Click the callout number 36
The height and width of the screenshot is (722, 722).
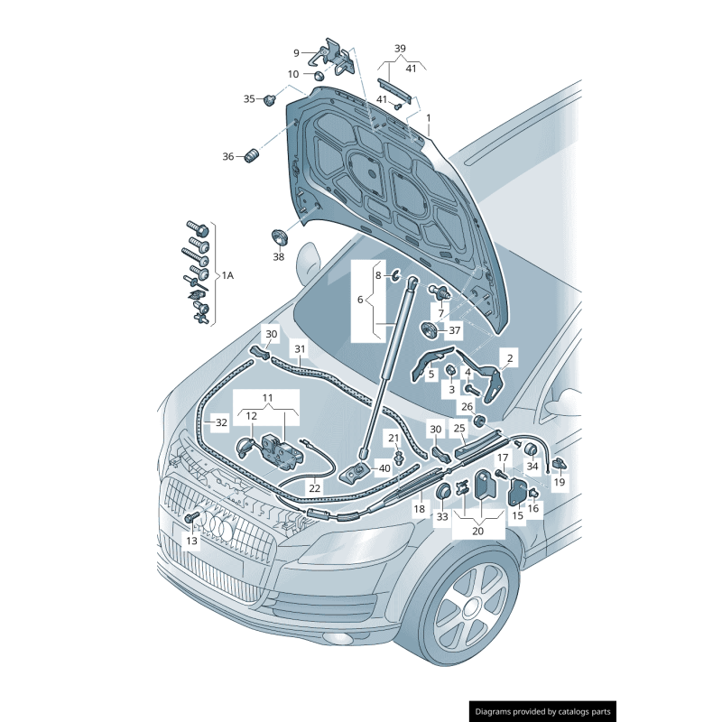(228, 156)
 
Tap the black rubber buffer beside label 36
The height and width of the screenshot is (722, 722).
(252, 158)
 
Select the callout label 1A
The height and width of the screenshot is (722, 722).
(228, 275)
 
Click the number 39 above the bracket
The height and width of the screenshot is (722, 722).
(400, 49)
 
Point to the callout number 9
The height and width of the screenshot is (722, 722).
(295, 52)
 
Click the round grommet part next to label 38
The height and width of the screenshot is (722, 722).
(279, 239)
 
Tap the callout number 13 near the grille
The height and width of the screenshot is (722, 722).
(191, 541)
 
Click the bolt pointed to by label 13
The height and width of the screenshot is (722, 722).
(191, 518)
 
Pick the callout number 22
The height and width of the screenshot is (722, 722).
(314, 488)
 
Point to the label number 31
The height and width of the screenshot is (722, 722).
(300, 348)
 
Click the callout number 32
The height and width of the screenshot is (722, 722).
(221, 421)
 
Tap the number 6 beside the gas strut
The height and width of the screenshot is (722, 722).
(360, 299)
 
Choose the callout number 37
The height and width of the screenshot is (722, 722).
(454, 330)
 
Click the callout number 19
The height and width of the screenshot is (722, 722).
(560, 483)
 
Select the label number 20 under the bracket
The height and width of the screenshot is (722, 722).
(477, 532)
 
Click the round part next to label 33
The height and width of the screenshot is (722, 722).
(443, 492)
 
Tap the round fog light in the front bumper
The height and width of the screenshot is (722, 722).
(344, 639)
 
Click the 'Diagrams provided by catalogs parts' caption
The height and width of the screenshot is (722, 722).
(542, 711)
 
